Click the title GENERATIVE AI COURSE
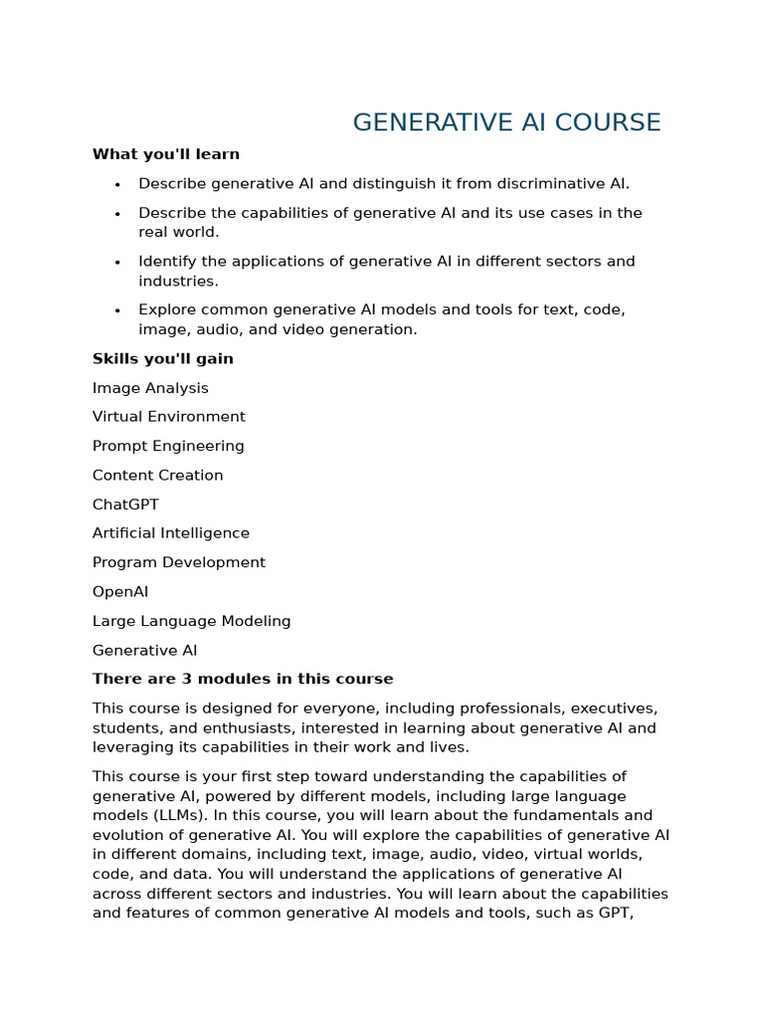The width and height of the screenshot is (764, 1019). pos(506,122)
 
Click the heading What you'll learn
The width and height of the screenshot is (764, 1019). pos(166,154)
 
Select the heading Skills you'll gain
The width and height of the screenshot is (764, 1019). pos(163,358)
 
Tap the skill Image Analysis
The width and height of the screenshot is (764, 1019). pos(150,388)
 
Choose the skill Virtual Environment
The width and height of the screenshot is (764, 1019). pos(169,417)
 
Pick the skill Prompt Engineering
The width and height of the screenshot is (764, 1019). pos(168,446)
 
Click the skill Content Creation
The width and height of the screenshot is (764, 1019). pos(158,476)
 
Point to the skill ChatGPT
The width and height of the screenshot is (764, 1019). pos(125,505)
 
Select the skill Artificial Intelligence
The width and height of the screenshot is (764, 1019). pos(171,533)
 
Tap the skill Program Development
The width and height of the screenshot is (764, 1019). pos(179,562)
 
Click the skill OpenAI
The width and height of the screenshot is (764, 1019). pos(120,592)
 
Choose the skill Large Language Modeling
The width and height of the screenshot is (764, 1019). pos(192,621)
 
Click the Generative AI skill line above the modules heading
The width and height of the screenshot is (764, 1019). pos(145,651)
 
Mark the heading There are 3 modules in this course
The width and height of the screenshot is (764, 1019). pos(243,679)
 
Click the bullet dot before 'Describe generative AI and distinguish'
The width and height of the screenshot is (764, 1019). pos(117,185)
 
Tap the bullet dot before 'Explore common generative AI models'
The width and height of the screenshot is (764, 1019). pos(117,311)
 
